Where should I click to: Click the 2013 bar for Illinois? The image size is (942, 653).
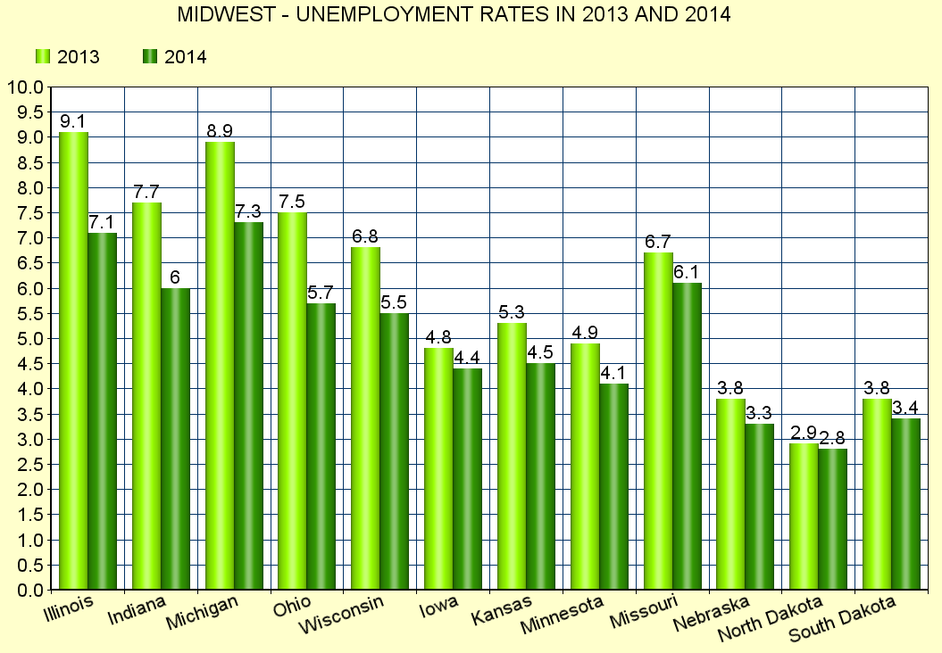coord(73,360)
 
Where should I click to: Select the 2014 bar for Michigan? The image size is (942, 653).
coord(248,406)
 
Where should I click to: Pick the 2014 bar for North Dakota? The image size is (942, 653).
coord(833,519)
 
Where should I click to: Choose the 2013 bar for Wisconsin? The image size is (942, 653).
coord(366,418)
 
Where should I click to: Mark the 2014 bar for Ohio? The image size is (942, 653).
coord(321,446)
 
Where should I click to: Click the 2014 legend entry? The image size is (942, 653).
coord(175,57)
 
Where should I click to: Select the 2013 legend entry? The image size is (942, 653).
coord(67,57)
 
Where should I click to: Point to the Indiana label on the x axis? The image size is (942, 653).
coord(136,611)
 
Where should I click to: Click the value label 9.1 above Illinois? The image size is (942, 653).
coord(73,121)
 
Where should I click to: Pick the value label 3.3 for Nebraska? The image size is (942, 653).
coord(760,413)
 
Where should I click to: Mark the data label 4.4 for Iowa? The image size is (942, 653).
coord(468,358)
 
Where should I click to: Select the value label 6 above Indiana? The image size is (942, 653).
coord(175,277)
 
